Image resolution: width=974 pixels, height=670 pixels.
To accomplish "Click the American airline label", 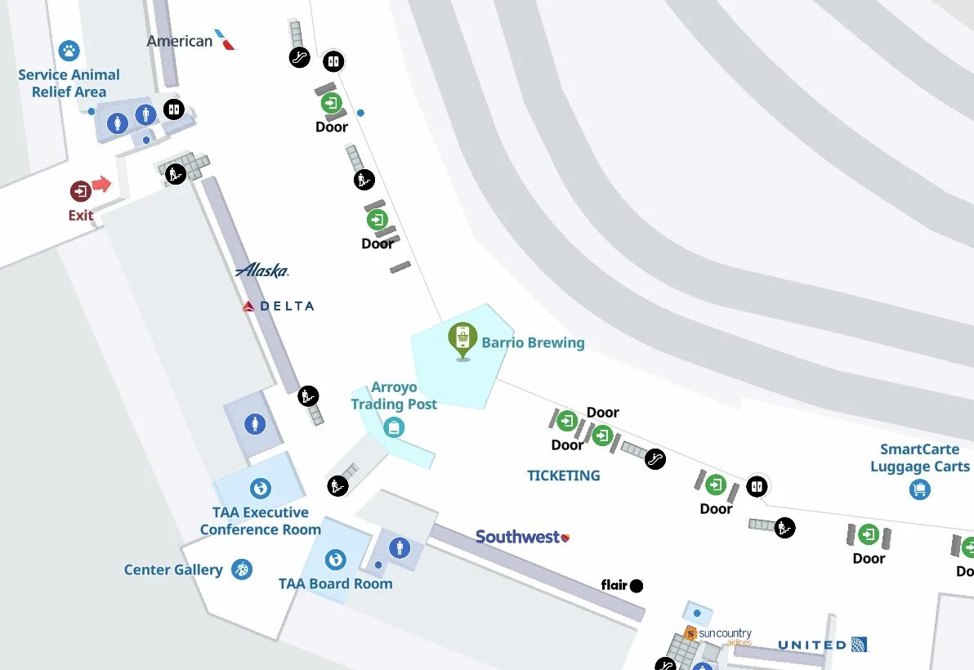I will [191, 40].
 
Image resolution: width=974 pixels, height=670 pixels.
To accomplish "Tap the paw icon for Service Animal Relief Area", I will [69, 51].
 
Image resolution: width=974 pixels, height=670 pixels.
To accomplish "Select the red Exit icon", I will [80, 191].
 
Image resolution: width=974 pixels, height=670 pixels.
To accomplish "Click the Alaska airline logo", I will [261, 270].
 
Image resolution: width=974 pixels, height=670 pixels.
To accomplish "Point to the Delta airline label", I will [279, 306].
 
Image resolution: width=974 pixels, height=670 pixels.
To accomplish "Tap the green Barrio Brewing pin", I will [462, 338].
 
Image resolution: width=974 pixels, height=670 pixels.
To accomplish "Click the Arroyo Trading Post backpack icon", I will [394, 427].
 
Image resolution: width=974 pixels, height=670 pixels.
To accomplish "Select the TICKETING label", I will [563, 476].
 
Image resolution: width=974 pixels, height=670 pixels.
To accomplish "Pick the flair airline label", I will [622, 585].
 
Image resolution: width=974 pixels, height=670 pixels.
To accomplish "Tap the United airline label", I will [822, 645].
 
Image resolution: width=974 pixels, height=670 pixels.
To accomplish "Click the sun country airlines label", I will [718, 636].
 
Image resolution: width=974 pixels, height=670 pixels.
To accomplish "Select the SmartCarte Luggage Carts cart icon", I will [920, 489].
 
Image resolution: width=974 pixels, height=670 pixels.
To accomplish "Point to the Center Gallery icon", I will [241, 569].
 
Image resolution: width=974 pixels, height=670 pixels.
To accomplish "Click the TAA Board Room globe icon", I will [335, 560].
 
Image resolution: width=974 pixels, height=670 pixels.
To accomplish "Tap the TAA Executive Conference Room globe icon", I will [261, 489].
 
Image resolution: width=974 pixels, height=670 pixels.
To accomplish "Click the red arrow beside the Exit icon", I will [101, 184].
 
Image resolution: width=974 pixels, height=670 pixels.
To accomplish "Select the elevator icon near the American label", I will [172, 109].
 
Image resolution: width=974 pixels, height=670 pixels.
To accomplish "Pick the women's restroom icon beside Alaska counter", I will [256, 424].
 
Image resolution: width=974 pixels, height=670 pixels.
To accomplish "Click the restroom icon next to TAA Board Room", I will [399, 547].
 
